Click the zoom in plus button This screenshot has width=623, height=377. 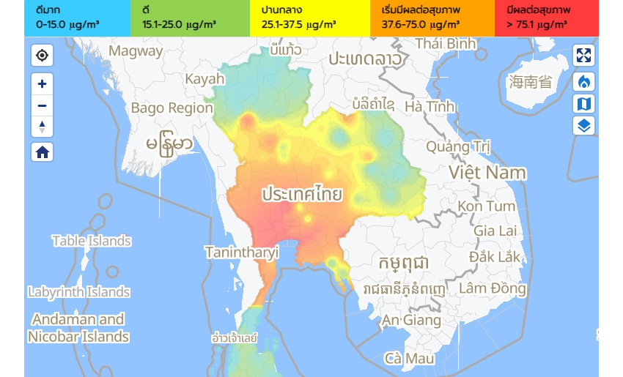pos(42,83)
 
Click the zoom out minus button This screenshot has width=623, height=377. pos(42,105)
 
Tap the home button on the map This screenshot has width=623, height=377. pos(42,152)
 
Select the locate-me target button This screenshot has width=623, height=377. pos(42,56)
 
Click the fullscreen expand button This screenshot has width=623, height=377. pos(583,56)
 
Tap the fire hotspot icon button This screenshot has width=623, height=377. pos(583,80)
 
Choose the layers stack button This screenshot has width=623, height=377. pos(583,125)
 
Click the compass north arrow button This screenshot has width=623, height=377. pos(42,127)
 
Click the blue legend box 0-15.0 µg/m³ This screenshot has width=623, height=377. pos(77,18)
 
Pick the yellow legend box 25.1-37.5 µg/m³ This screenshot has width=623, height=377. pos(308,18)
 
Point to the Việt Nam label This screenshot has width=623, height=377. pos(487,173)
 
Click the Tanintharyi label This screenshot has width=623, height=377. pos(241,253)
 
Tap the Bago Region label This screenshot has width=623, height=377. pos(172,108)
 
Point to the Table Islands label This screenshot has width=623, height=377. pos(92,241)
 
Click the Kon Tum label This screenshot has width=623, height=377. pos(486,206)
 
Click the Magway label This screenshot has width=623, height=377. pos(136,51)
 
